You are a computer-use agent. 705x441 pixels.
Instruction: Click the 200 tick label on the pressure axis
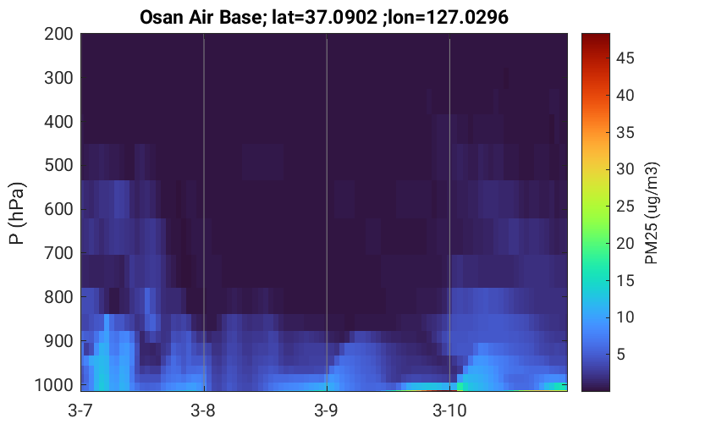click(58, 34)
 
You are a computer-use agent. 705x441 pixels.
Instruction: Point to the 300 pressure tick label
click(58, 78)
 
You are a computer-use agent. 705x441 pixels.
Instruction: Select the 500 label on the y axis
click(58, 165)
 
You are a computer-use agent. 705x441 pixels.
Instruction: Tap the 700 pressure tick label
click(58, 253)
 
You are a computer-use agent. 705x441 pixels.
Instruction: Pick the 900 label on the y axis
click(58, 341)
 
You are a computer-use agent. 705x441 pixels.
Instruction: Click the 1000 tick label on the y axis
click(54, 385)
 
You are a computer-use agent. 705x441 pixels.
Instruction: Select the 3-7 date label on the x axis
click(80, 411)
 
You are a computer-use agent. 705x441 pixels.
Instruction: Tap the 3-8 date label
click(203, 411)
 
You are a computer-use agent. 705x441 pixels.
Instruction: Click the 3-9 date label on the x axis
click(327, 411)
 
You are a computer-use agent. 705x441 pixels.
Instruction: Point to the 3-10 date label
click(449, 411)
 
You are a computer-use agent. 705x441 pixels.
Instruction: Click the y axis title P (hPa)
click(17, 213)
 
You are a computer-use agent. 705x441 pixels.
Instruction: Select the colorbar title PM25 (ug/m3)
click(652, 213)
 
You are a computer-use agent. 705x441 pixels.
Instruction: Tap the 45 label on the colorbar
click(625, 58)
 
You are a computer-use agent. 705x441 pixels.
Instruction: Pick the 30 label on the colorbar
click(625, 169)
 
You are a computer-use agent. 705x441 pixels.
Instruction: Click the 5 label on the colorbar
click(621, 354)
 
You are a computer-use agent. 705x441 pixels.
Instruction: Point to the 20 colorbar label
click(625, 243)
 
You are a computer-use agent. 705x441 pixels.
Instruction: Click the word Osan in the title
click(160, 18)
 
